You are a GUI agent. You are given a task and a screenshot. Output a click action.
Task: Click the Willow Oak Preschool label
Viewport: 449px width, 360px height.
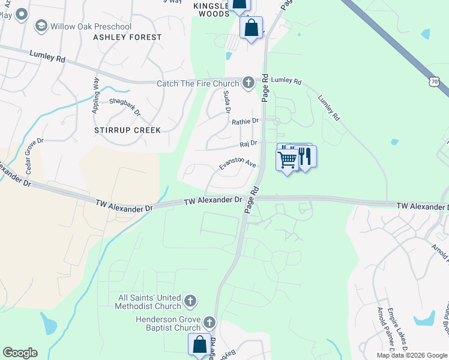[x=91, y=26]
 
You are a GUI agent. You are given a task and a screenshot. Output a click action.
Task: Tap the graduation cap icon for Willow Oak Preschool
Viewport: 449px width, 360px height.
[x=41, y=25]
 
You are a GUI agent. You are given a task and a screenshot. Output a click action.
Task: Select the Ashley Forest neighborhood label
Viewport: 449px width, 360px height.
[x=127, y=37]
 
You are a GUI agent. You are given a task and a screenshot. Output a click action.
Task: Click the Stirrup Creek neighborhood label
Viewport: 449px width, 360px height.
[x=127, y=130]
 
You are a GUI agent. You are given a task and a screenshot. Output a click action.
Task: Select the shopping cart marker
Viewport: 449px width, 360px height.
[x=287, y=160]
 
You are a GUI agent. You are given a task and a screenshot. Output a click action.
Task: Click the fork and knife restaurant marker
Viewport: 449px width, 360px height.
[x=306, y=157]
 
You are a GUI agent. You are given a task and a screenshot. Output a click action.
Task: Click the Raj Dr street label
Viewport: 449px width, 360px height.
[x=248, y=143]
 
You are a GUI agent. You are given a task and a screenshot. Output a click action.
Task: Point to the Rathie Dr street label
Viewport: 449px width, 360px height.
[x=245, y=121]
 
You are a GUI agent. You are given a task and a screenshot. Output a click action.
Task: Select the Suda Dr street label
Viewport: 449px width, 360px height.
[x=227, y=101]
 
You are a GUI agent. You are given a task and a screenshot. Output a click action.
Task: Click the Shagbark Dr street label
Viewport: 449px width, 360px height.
[x=125, y=106]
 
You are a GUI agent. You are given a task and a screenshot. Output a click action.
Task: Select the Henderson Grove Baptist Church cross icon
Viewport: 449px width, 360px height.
[x=209, y=323]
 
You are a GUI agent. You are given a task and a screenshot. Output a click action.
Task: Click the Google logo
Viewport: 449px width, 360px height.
[x=20, y=353]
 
